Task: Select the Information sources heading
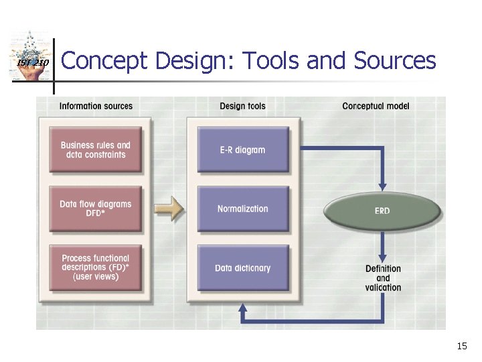coord(96,106)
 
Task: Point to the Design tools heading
coord(242,106)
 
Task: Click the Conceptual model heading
coord(376,106)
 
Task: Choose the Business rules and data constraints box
coord(96,150)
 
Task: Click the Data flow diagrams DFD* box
coord(96,208)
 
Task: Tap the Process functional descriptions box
coord(96,267)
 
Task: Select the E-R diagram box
coord(243,150)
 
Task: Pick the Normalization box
coord(243,208)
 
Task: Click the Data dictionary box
coord(243,267)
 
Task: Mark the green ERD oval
coord(382,211)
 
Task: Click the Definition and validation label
coord(383,278)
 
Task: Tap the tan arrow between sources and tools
coord(169,208)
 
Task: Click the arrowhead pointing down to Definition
coord(383,258)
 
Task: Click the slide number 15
coord(461,346)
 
